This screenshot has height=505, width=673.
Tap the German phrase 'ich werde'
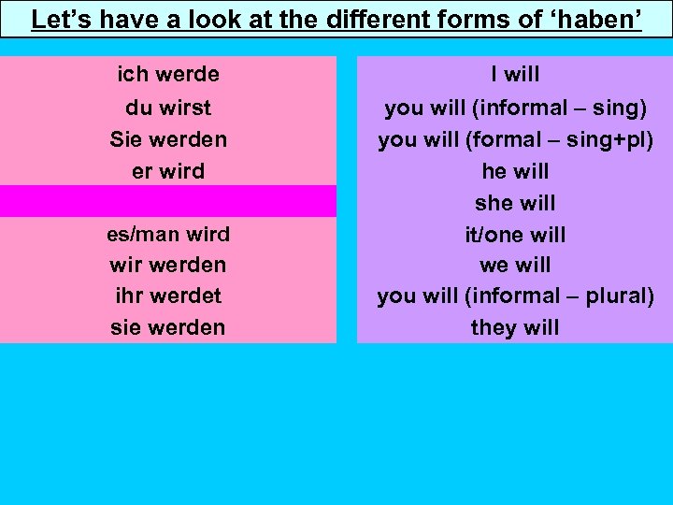tap(168, 74)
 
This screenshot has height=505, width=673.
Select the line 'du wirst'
tap(168, 108)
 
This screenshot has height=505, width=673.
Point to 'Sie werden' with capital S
tap(168, 139)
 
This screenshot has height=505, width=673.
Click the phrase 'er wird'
tap(168, 171)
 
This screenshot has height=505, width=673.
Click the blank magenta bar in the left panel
tap(168, 201)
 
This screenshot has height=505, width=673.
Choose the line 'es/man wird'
tap(168, 233)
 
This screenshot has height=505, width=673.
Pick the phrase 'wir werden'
tap(168, 265)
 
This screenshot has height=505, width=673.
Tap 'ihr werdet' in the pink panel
tap(168, 296)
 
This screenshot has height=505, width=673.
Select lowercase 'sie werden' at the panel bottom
tap(168, 327)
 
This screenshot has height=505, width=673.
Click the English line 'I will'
tap(515, 74)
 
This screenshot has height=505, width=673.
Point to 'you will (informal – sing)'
tap(515, 108)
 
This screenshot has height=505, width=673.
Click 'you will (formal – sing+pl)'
tap(515, 139)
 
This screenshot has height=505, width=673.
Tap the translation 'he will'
tap(515, 171)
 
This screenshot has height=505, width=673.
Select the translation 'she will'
tap(515, 203)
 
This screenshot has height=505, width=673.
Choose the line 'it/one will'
tap(515, 234)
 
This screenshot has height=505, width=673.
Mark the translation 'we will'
tap(515, 265)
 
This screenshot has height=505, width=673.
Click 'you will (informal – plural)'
tap(515, 296)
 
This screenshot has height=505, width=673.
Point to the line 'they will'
tap(515, 327)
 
